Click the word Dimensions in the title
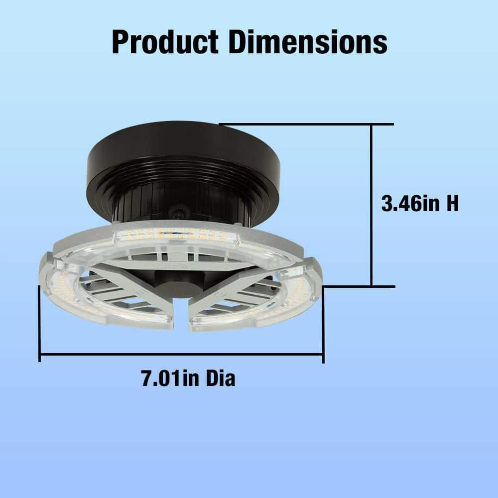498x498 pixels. (x=307, y=42)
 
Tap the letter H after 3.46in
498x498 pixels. (x=451, y=204)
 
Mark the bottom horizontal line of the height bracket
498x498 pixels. (x=359, y=286)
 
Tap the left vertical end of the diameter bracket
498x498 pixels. (x=40, y=324)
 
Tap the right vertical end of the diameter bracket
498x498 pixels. (x=324, y=324)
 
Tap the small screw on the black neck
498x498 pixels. (x=177, y=214)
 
